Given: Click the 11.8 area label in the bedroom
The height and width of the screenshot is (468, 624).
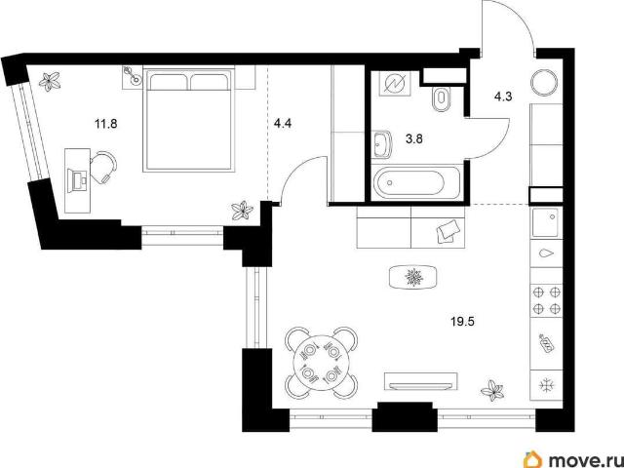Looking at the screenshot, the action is (x=106, y=124).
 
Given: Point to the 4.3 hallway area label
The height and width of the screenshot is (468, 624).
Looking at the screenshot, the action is (x=503, y=97).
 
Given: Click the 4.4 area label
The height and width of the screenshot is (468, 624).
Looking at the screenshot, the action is (x=283, y=124).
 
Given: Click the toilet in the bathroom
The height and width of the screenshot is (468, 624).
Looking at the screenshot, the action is (x=441, y=98).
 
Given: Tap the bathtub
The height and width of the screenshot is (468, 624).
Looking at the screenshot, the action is (x=415, y=182).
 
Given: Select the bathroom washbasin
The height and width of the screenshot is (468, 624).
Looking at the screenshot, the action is (x=383, y=144).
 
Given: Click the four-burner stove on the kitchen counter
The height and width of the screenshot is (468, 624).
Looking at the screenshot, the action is (x=546, y=300).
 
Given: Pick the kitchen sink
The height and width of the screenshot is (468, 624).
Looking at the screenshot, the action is (x=546, y=222).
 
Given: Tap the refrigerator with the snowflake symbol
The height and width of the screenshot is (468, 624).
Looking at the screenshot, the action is (x=546, y=385).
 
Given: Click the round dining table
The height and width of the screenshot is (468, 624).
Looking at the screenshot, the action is (x=322, y=363).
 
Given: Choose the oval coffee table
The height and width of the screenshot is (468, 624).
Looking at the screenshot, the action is (x=413, y=277).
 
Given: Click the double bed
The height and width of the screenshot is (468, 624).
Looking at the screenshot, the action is (x=188, y=120).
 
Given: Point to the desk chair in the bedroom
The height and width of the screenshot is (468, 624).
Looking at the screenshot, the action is (x=103, y=167).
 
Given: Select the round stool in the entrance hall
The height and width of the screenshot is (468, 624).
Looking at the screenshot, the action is (x=545, y=82).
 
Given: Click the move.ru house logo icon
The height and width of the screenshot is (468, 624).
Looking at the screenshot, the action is (x=534, y=459).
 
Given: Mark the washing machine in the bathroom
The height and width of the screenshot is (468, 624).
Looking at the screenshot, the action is (x=393, y=84).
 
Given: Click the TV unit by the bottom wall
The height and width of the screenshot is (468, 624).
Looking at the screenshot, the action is (x=420, y=381).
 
